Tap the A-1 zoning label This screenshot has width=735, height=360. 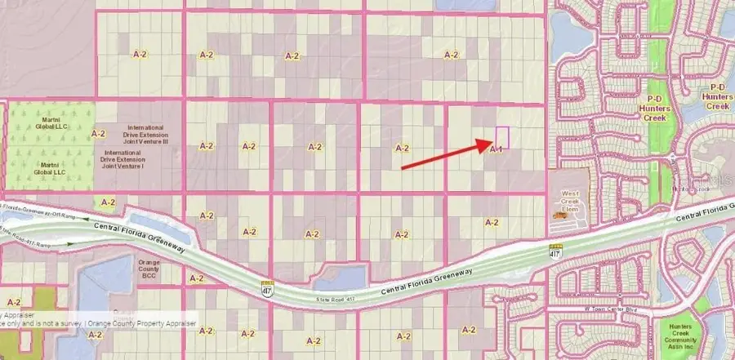point(495,149)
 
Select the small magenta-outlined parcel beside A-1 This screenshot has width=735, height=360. point(502,136)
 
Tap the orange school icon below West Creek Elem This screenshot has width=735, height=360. point(561,214)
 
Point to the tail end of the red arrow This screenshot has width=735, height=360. point(402,168)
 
